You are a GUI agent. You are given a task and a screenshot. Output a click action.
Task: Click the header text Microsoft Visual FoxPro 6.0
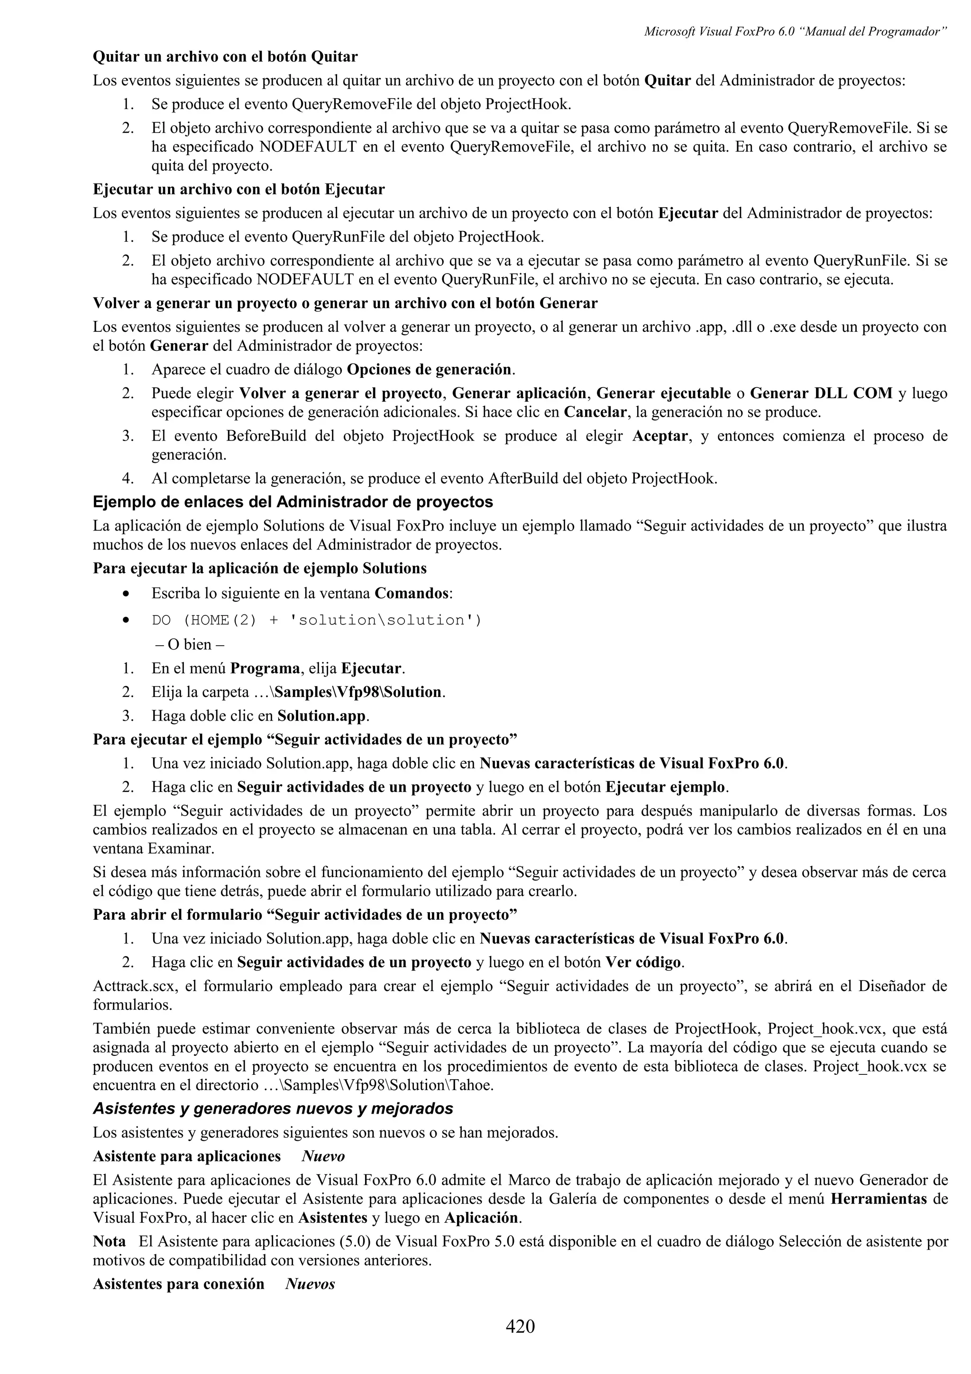tap(718, 32)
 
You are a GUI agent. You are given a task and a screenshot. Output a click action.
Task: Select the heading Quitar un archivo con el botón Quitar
tap(225, 57)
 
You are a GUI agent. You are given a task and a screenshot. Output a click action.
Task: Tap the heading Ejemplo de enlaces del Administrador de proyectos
tap(293, 502)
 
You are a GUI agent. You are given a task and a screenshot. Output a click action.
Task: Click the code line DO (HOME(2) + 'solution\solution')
tap(317, 620)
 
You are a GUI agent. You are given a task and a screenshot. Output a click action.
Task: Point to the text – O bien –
tap(190, 644)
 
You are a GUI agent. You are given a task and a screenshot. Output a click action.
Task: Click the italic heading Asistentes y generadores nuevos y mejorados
tap(273, 1109)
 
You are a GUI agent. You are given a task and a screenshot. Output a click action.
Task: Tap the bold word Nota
tap(109, 1241)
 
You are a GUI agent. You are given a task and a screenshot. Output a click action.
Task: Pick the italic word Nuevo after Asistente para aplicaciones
tap(323, 1156)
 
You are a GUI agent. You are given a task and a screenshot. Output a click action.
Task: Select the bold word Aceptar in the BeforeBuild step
tap(660, 436)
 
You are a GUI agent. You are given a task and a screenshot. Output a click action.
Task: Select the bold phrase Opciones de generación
tap(429, 369)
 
